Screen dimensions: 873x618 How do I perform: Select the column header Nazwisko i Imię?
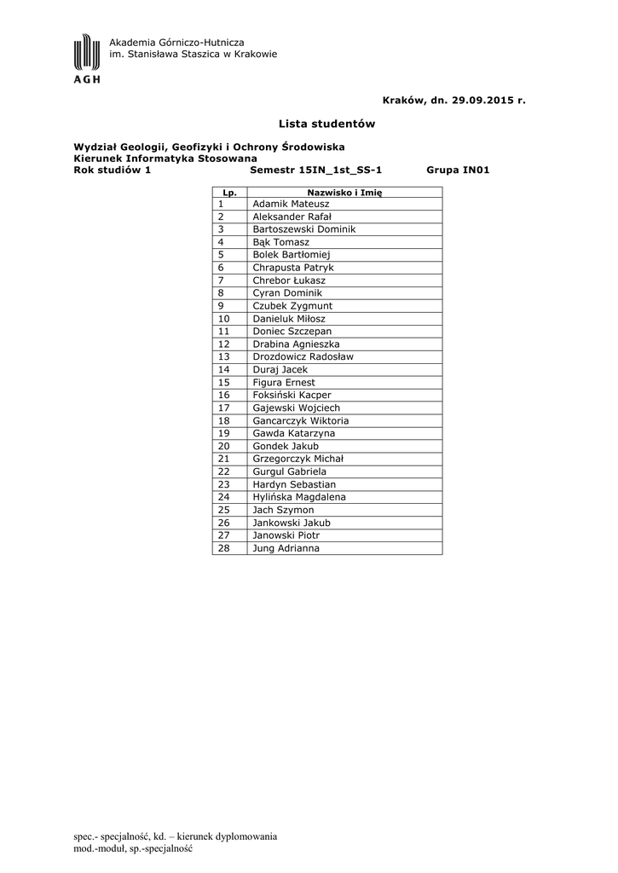pyautogui.click(x=344, y=193)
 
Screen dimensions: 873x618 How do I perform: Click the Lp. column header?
pyautogui.click(x=228, y=193)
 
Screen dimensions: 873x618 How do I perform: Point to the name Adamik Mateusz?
pyautogui.click(x=290, y=204)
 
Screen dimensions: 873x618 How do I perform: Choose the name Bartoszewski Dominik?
pyautogui.click(x=303, y=229)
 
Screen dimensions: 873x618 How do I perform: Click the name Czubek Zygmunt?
pyautogui.click(x=292, y=305)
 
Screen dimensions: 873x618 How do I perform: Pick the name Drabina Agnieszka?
pyautogui.click(x=296, y=344)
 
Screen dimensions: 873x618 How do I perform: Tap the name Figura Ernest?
pyautogui.click(x=284, y=382)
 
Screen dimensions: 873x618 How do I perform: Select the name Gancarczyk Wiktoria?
pyautogui.click(x=301, y=420)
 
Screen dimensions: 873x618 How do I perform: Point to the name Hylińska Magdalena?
pyautogui.click(x=299, y=497)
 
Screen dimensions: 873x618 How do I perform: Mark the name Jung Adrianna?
pyautogui.click(x=286, y=548)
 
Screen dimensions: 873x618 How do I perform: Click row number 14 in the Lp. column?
pyautogui.click(x=225, y=369)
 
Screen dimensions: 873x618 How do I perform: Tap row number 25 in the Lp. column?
pyautogui.click(x=225, y=510)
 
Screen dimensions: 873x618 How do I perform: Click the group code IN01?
pyautogui.click(x=476, y=170)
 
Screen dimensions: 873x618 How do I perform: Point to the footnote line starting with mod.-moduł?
pyautogui.click(x=135, y=849)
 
